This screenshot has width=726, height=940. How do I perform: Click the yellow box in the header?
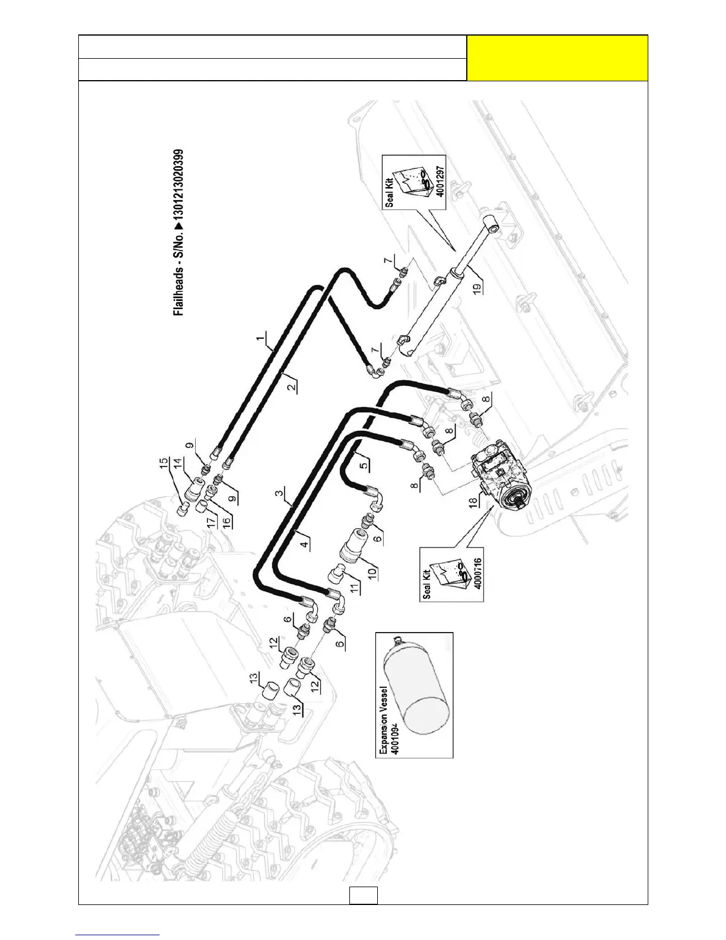[557, 58]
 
